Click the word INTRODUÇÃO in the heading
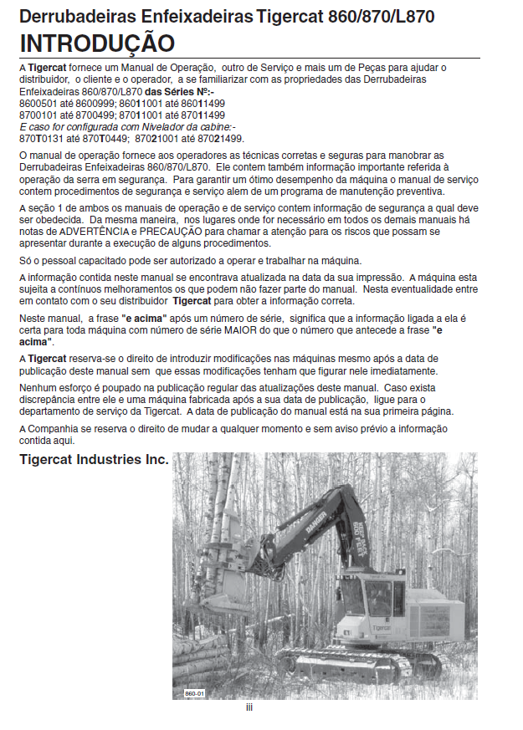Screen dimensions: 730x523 pyautogui.click(x=97, y=43)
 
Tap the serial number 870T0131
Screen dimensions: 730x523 pyautogui.click(x=38, y=137)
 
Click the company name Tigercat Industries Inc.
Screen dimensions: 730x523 pyautogui.click(x=94, y=460)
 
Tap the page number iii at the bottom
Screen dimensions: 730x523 pyautogui.click(x=249, y=707)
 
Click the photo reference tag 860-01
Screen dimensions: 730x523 pyautogui.click(x=194, y=693)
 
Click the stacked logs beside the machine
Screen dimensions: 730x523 pyautogui.click(x=201, y=648)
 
